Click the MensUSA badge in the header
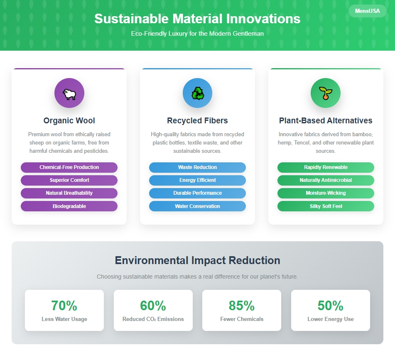pyautogui.click(x=367, y=11)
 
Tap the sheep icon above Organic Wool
pyautogui.click(x=69, y=94)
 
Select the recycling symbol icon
pyautogui.click(x=198, y=93)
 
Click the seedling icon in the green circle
pyautogui.click(x=326, y=93)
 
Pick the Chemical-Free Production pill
pyautogui.click(x=69, y=167)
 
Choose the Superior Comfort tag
pyautogui.click(x=69, y=180)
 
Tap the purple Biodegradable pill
pyautogui.click(x=69, y=206)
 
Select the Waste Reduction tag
pyautogui.click(x=198, y=167)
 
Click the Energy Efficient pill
pyautogui.click(x=198, y=180)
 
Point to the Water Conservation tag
pyautogui.click(x=198, y=206)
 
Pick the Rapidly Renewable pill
pyautogui.click(x=326, y=167)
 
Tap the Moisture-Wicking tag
pyautogui.click(x=326, y=193)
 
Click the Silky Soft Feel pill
pyautogui.click(x=326, y=206)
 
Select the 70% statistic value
pyautogui.click(x=64, y=306)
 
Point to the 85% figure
pyautogui.click(x=242, y=306)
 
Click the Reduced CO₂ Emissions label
pyautogui.click(x=153, y=319)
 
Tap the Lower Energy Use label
pyautogui.click(x=331, y=319)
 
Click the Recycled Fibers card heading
pyautogui.click(x=198, y=120)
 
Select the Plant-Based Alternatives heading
pyautogui.click(x=326, y=120)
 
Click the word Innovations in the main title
pyautogui.click(x=263, y=19)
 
